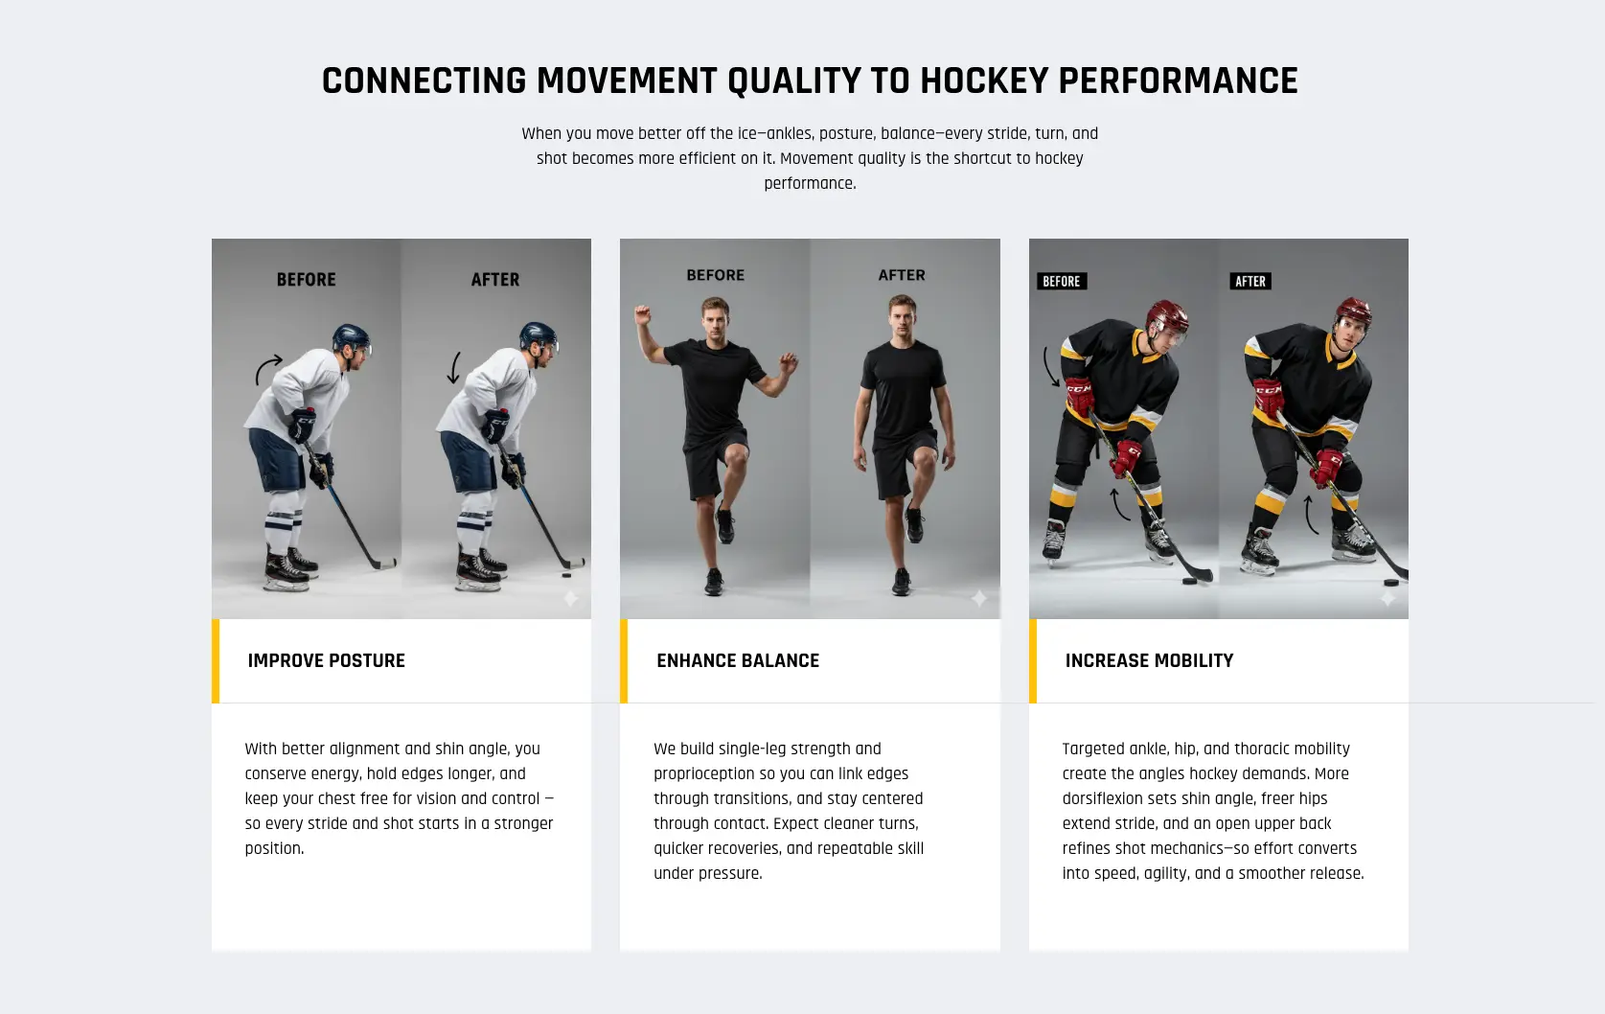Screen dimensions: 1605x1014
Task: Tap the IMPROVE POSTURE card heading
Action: (326, 660)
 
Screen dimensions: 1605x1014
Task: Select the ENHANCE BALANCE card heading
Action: (737, 660)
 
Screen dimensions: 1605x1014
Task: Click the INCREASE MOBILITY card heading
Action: (1149, 660)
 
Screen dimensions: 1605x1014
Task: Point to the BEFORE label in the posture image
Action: (306, 280)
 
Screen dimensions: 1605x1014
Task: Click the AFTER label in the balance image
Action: (902, 275)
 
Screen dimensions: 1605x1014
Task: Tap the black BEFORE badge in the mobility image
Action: (1061, 281)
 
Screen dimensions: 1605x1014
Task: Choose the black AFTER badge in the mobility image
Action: (1250, 281)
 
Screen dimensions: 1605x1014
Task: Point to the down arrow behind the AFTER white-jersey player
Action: (454, 368)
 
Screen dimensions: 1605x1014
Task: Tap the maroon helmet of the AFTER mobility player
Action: (1352, 311)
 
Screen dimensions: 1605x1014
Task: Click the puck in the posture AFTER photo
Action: (566, 575)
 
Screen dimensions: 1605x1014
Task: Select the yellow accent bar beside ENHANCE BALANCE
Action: (624, 660)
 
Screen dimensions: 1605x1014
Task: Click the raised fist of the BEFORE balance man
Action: (642, 313)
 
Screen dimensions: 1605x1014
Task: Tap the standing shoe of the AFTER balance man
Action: (902, 582)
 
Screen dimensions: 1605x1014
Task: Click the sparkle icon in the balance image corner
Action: (978, 598)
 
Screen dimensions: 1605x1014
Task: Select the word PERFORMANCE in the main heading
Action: (1178, 81)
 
